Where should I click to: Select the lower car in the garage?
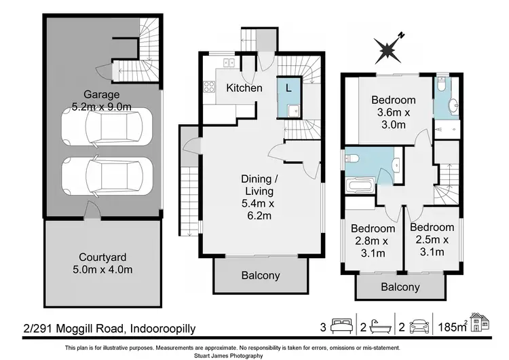coord(102,175)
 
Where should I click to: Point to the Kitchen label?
coord(244,88)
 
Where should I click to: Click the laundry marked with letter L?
coord(288,88)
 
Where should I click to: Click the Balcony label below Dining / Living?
coord(261,276)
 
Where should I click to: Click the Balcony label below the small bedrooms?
coord(400,287)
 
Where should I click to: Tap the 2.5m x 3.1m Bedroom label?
coord(432,240)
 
